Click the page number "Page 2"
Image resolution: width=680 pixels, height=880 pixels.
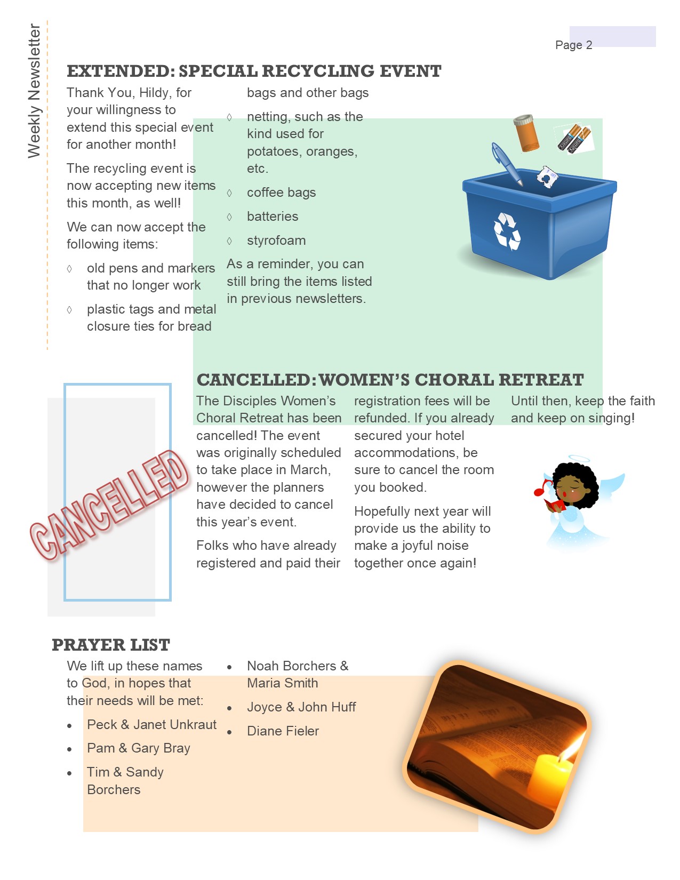573,45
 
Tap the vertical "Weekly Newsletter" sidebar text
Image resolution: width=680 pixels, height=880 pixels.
34,91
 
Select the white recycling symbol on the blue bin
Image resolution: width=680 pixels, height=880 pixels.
506,231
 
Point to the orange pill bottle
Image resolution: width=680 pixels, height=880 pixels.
526,133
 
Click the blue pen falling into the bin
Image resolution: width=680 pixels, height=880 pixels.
506,163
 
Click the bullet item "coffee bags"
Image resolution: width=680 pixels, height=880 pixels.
281,193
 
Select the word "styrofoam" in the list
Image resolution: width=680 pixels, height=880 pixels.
276,241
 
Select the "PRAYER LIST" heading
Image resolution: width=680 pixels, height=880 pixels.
111,645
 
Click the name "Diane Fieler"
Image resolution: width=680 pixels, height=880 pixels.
283,731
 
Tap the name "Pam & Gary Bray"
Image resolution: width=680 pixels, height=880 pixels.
139,748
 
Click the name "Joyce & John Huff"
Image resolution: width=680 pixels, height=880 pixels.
301,707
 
